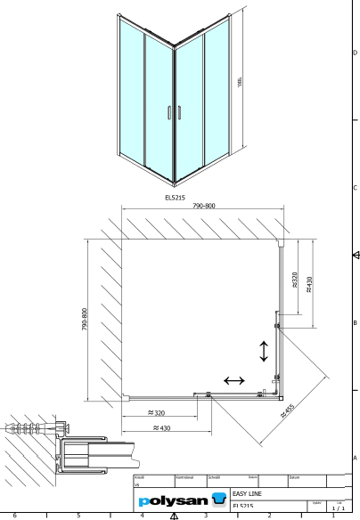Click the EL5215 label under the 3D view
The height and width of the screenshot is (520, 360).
point(175,198)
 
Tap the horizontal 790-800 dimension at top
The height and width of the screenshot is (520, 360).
point(203,206)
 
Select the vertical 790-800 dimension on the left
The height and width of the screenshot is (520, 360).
point(83,321)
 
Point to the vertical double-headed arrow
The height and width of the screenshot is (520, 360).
point(263,351)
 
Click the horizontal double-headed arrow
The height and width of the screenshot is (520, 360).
point(233,381)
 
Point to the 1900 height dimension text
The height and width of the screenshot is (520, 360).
point(241,82)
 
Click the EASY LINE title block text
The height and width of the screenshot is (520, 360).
point(247,492)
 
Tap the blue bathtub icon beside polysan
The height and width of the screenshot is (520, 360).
point(219,501)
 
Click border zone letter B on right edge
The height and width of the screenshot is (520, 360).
point(355,322)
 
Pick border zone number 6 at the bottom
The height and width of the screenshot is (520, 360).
point(14,515)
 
